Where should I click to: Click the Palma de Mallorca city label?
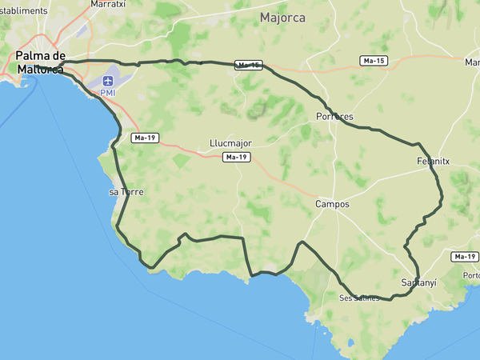pos(41,62)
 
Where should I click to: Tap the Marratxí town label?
pos(109,4)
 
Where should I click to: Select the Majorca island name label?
pos(282,18)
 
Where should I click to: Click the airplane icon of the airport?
pos(107,81)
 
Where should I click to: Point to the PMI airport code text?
pos(107,93)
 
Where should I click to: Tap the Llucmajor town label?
pos(230,143)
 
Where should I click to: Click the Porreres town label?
pos(334,117)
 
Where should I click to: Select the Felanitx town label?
pos(434,161)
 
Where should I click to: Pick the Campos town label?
pos(332,204)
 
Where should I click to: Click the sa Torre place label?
pos(125,192)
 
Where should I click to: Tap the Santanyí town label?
pos(418,283)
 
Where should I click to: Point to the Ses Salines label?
pos(358,298)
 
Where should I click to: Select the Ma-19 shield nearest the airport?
pos(146,138)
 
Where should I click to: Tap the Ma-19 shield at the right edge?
pos(464,257)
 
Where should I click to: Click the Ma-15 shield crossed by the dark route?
pos(249,66)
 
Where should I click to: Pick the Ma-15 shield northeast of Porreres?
pos(374,60)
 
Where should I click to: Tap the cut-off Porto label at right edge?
pos(471,276)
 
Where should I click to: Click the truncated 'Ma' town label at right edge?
pos(472,61)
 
